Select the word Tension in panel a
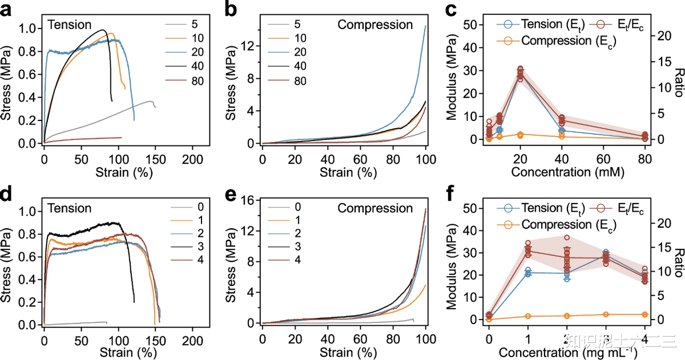[x=69, y=25]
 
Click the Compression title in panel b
[x=374, y=25]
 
